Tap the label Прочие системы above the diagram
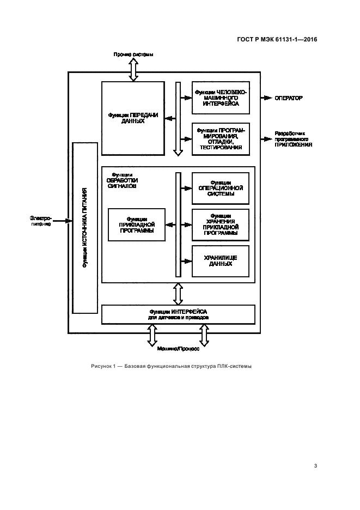[133, 54]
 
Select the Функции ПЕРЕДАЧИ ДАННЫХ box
[133, 118]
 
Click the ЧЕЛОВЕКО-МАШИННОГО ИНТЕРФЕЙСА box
[221, 98]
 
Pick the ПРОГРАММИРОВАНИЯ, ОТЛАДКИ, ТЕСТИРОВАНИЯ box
[221, 139]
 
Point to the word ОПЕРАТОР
[289, 98]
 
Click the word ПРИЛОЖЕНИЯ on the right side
[293, 145]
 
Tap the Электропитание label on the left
[41, 221]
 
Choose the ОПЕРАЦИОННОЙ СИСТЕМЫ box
[221, 188]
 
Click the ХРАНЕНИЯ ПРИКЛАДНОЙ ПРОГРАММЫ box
[221, 224]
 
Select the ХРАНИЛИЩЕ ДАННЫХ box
[221, 261]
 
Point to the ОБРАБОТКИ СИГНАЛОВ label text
[123, 183]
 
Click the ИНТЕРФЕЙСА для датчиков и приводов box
[178, 314]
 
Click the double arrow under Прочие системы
[133, 69]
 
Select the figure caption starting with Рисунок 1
[171, 366]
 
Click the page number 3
[315, 465]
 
